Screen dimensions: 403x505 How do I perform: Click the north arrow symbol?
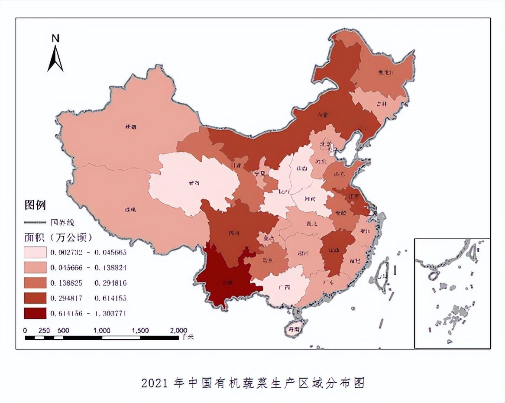pyautogui.click(x=55, y=58)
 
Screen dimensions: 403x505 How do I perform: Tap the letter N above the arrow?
pyautogui.click(x=55, y=38)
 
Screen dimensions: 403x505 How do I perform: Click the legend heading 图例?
pyautogui.click(x=35, y=205)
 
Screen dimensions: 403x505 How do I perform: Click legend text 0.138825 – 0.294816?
pyautogui.click(x=88, y=283)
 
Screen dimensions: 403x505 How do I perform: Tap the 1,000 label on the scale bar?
pyautogui.click(x=102, y=330)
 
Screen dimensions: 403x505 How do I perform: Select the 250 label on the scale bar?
pyautogui.click(x=44, y=330)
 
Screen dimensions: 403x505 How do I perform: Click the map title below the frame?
pyautogui.click(x=253, y=383)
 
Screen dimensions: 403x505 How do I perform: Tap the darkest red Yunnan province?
pyautogui.click(x=225, y=277)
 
